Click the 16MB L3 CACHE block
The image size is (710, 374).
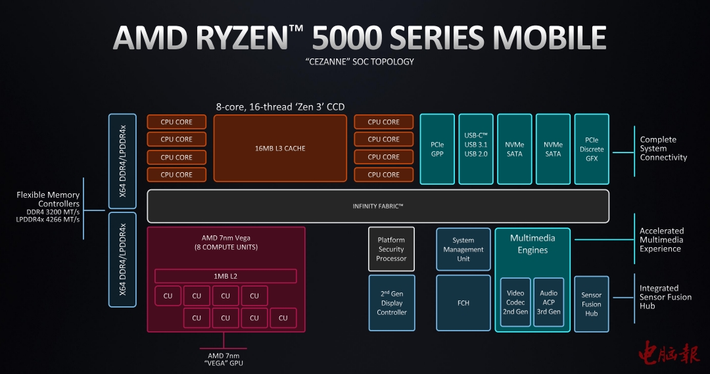tap(280, 149)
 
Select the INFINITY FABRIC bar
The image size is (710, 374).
tap(377, 206)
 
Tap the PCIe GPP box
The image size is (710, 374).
tap(437, 149)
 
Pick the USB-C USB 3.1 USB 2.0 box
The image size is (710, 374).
tap(475, 149)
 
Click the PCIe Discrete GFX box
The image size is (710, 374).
tap(592, 149)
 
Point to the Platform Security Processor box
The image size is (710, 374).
tap(391, 249)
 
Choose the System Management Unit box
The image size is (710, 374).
tap(463, 250)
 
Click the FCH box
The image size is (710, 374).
tap(463, 303)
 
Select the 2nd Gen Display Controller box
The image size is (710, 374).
tap(391, 303)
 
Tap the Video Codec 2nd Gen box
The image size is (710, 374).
tap(515, 302)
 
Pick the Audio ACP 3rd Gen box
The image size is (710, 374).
tap(548, 302)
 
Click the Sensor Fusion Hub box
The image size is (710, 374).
tap(591, 304)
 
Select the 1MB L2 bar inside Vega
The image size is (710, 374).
tap(225, 276)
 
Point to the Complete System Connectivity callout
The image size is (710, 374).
tap(663, 149)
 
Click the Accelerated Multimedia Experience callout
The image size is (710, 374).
tap(661, 240)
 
